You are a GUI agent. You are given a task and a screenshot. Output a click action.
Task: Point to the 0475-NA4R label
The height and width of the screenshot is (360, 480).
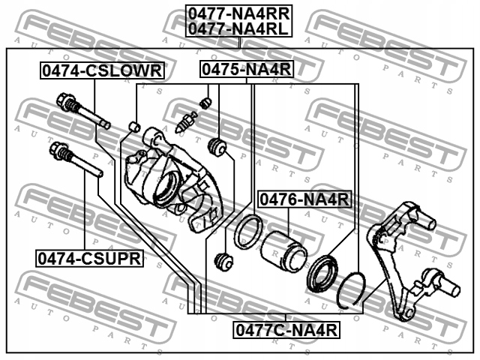tap(244, 70)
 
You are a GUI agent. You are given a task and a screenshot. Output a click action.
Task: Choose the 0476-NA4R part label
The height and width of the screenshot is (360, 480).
tap(304, 199)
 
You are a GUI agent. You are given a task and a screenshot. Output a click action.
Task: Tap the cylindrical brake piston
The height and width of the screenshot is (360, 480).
tap(284, 249)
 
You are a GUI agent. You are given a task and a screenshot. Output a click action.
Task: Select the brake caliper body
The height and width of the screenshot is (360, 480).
tap(169, 180)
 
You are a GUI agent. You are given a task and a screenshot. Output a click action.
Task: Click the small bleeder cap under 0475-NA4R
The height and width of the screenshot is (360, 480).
tap(203, 101)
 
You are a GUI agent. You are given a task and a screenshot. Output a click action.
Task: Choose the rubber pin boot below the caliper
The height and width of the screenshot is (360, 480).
tap(221, 262)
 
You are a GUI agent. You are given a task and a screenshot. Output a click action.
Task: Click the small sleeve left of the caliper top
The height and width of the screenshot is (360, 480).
tap(136, 125)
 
